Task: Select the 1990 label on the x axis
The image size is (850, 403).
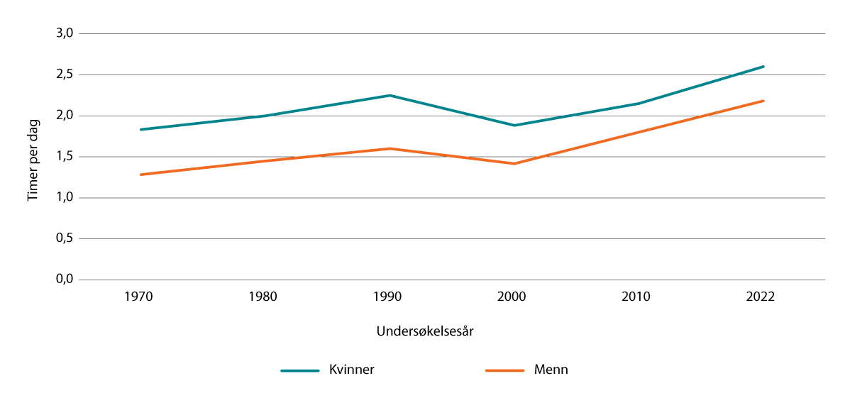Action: pos(389,297)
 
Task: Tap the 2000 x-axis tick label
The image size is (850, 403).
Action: pos(513,297)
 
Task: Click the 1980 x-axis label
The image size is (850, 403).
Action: pos(265,297)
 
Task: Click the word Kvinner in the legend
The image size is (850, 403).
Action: pos(351,370)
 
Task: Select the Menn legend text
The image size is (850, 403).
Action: pos(551,370)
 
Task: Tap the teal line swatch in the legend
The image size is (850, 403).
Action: pos(300,370)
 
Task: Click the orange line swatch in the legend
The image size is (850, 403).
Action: pos(505,370)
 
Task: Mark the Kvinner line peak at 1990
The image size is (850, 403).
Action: pos(389,95)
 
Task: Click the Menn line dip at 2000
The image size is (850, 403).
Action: pos(513,164)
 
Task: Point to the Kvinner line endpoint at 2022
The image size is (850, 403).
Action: pos(763,67)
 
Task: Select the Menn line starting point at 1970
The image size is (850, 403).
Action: pos(140,175)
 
